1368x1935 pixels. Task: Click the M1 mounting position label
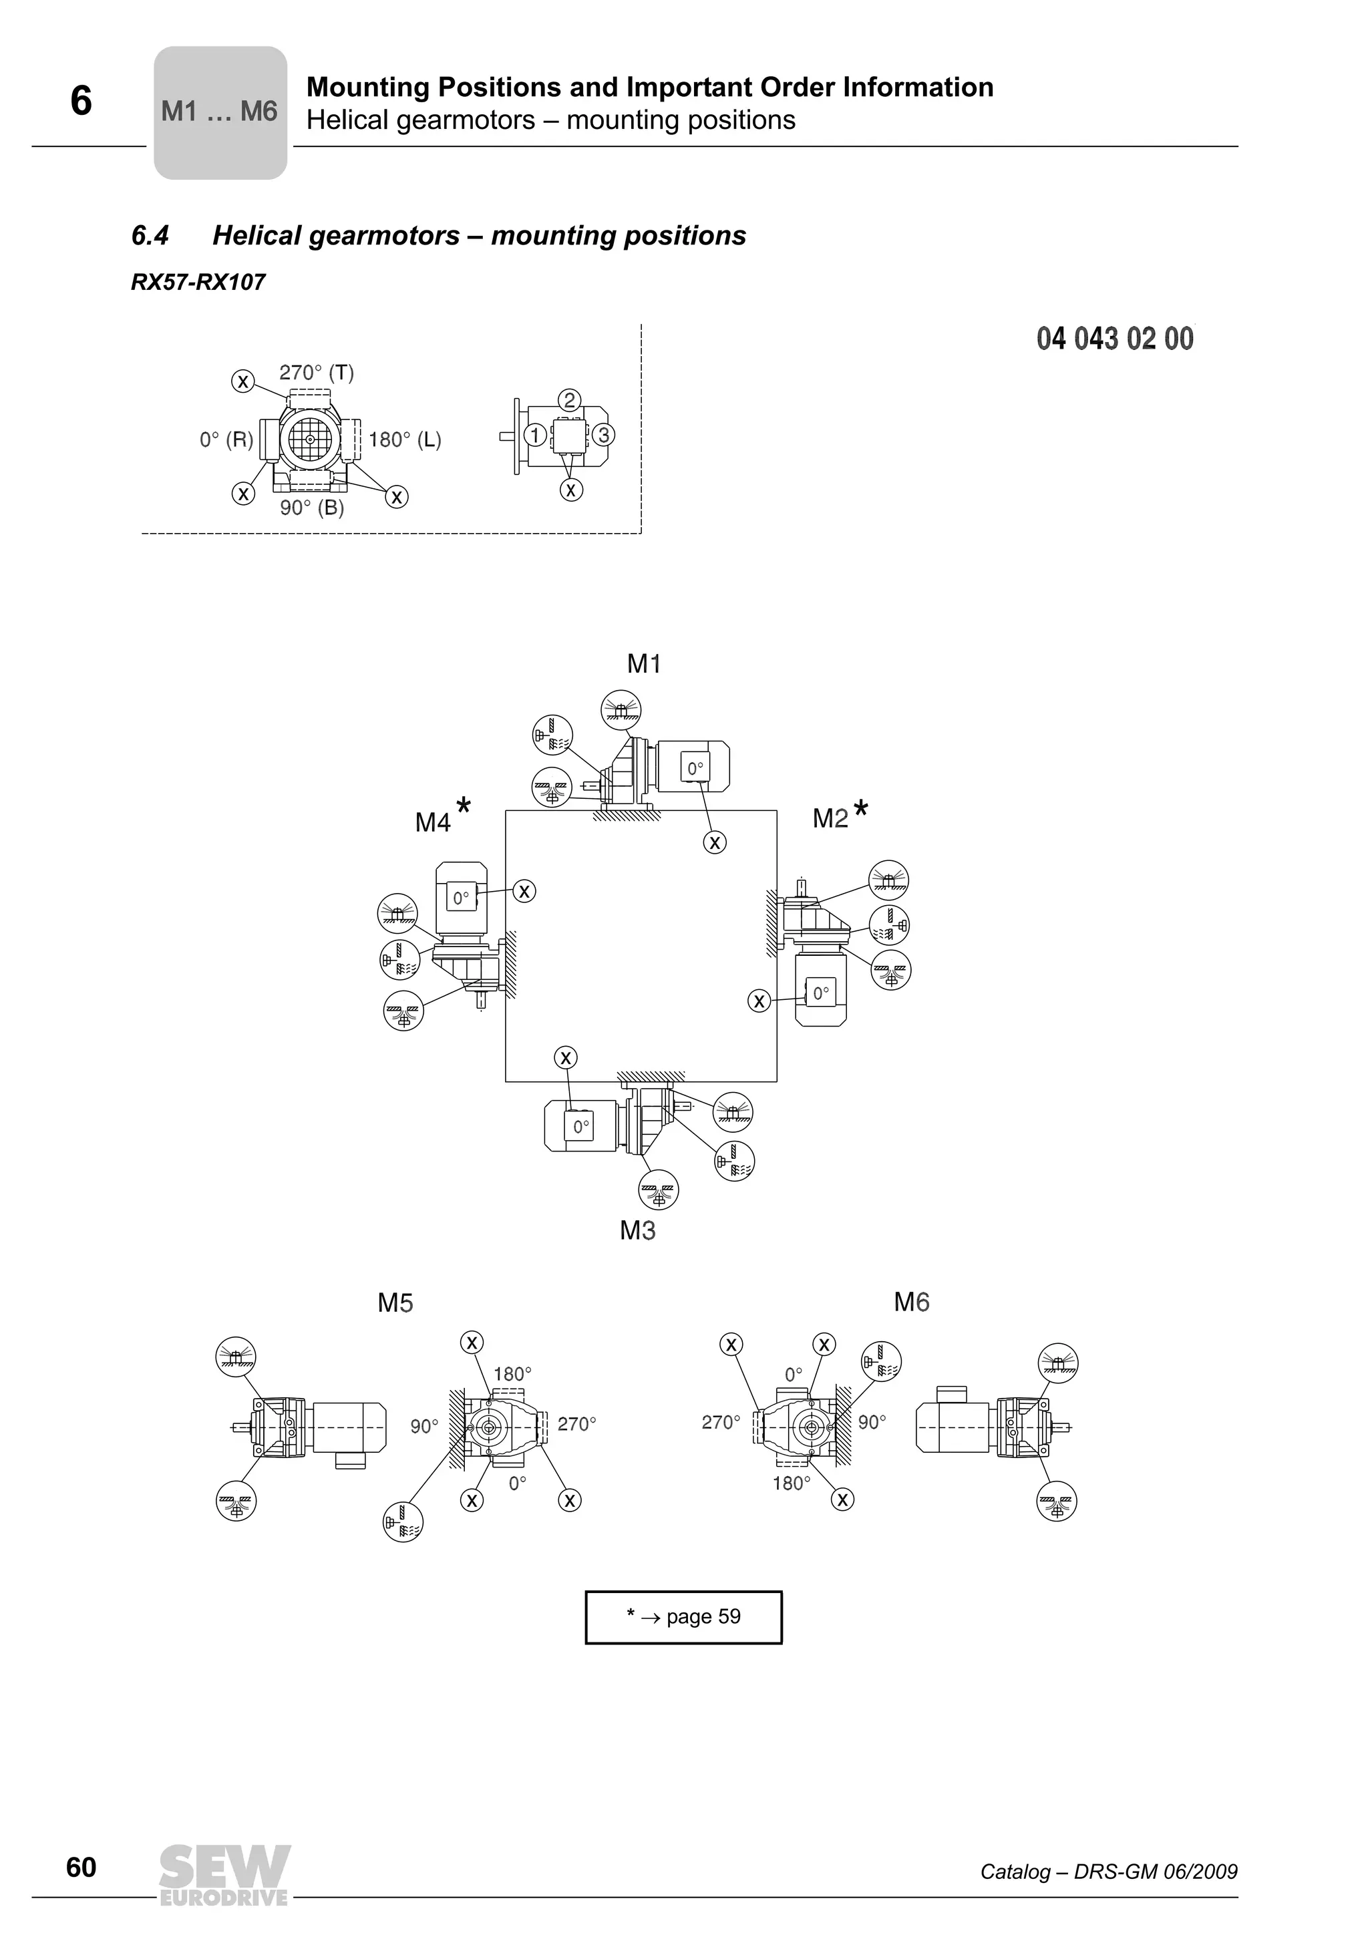pyautogui.click(x=644, y=664)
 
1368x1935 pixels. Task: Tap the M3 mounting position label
pyautogui.click(x=637, y=1231)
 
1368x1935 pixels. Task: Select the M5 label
pyautogui.click(x=395, y=1304)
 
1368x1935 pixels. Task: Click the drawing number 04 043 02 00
pyautogui.click(x=1114, y=339)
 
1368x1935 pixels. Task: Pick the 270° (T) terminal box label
pyautogui.click(x=316, y=373)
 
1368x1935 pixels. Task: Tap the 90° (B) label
pyautogui.click(x=312, y=508)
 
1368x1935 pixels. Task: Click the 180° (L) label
pyautogui.click(x=405, y=440)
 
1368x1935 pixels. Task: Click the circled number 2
pyautogui.click(x=570, y=399)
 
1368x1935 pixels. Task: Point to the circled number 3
pyautogui.click(x=603, y=435)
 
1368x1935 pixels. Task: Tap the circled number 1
pyautogui.click(x=534, y=435)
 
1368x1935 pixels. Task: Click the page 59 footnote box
pyautogui.click(x=683, y=1616)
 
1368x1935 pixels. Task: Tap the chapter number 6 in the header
pyautogui.click(x=81, y=101)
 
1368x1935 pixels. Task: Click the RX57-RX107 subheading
pyautogui.click(x=198, y=283)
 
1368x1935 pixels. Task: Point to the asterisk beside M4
pyautogui.click(x=463, y=805)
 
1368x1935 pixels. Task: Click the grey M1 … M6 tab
pyautogui.click(x=220, y=112)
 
